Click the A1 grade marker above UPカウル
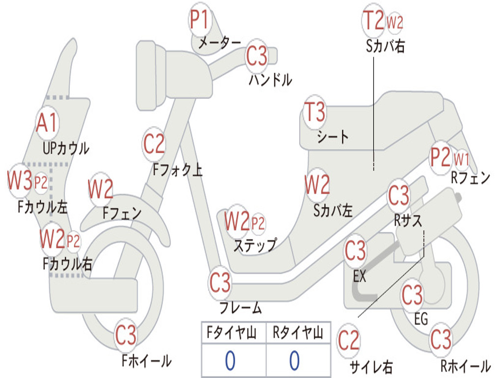47,123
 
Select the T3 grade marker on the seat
315,112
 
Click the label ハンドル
270,79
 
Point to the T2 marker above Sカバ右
373,21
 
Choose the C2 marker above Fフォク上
154,144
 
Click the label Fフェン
122,213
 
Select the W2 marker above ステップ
237,222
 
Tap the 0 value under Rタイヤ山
294,361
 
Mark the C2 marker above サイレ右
349,340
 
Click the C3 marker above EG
412,295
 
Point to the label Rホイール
465,366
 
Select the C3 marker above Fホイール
126,336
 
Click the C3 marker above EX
355,251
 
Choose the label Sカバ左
333,211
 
